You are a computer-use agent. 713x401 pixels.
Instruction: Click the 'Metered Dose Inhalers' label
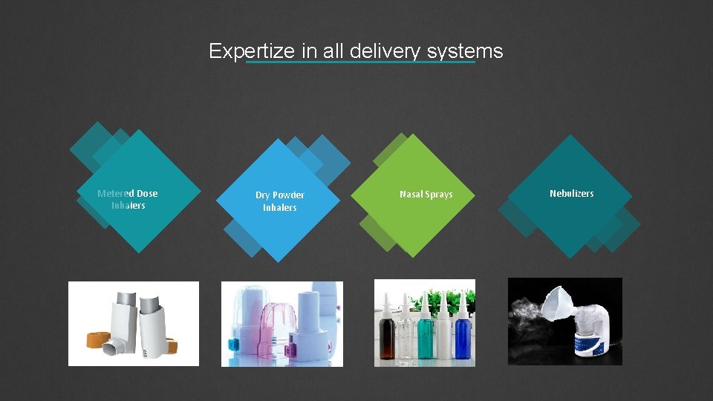[128, 199]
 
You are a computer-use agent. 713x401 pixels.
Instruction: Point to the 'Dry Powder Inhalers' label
[280, 201]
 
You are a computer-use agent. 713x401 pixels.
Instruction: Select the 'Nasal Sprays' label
[426, 195]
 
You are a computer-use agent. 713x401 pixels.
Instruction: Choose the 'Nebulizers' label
[571, 193]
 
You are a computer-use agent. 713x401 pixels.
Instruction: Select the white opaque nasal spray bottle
[443, 338]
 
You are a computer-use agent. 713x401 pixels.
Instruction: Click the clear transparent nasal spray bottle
[406, 338]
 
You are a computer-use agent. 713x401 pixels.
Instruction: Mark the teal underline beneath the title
[360, 62]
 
